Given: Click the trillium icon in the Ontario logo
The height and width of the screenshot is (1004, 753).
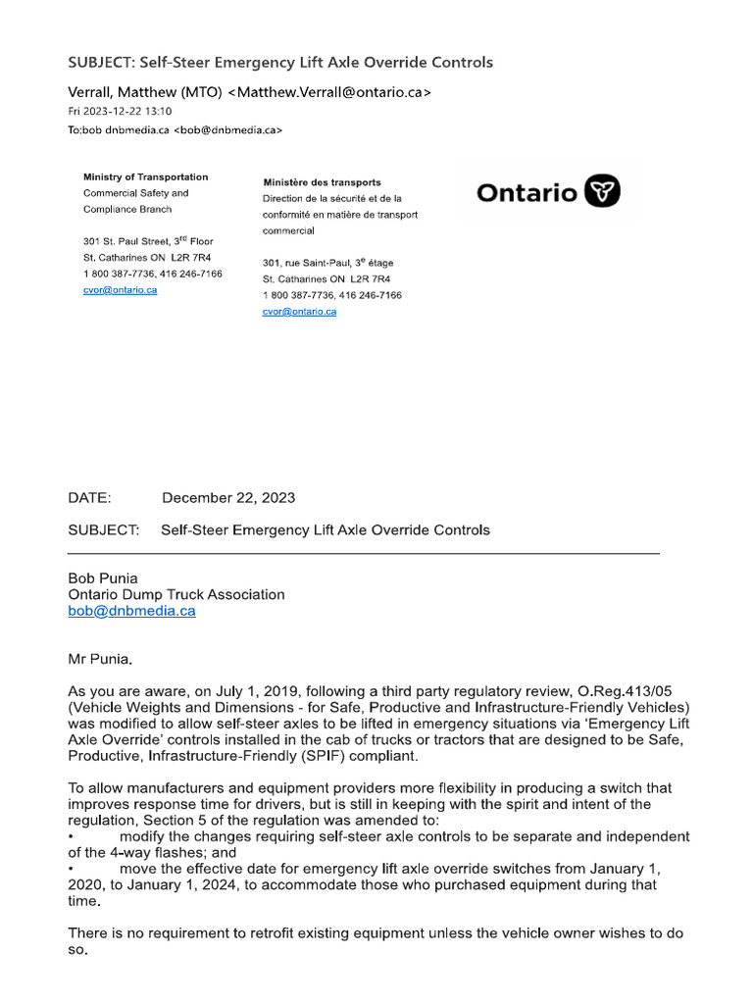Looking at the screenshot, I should point(602,192).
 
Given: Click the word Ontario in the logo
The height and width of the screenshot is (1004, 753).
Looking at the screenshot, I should point(527,193).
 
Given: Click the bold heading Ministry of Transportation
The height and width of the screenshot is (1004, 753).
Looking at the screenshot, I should point(145,177).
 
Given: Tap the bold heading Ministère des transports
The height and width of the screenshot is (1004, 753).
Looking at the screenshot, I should point(322,182).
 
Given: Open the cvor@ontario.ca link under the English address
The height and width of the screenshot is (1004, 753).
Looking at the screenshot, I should point(120,290).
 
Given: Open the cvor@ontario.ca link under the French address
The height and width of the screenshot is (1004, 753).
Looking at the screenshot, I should point(299,311).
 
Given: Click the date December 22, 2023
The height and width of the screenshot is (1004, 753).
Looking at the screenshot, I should point(227,498).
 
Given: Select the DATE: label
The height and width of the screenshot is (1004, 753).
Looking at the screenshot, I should point(89,498).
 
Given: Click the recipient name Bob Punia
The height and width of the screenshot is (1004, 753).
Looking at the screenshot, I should point(104,578).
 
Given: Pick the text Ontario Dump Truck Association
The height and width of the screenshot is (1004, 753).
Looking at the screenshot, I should point(176,594).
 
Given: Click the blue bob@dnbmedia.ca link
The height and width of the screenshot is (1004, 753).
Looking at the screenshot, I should point(131,611).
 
